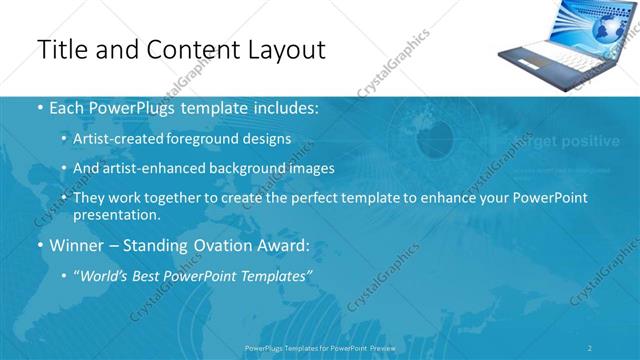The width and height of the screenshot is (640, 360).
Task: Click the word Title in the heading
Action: pos(59,49)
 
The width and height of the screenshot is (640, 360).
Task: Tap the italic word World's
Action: pos(105,274)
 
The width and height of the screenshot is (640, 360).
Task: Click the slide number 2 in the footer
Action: pos(590,347)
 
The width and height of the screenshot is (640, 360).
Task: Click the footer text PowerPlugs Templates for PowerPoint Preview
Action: pos(320,347)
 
